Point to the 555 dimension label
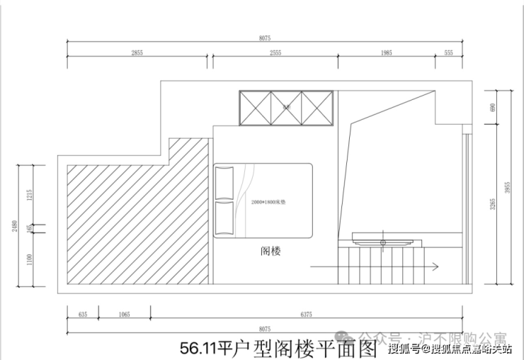click(448, 53)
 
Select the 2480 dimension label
click(15, 227)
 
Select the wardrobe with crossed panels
click(285, 108)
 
